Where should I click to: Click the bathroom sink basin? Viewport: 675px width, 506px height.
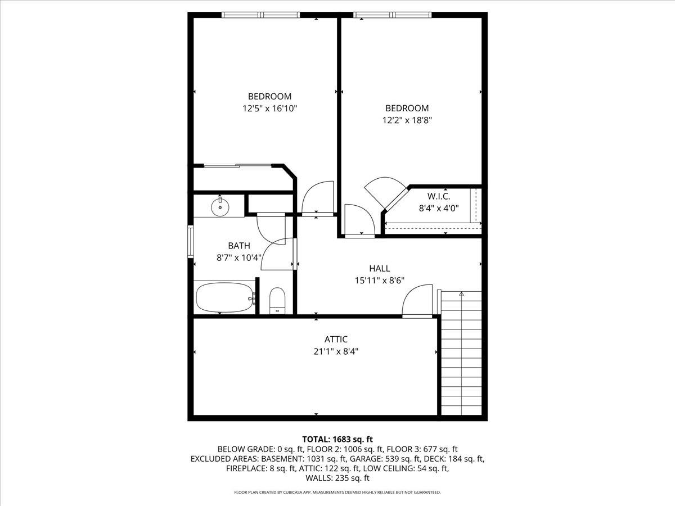(219, 207)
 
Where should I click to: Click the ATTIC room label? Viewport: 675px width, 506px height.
(336, 339)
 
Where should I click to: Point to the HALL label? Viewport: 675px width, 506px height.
(380, 268)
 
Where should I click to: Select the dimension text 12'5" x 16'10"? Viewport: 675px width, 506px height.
(270, 108)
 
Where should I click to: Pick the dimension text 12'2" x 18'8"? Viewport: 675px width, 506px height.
(407, 120)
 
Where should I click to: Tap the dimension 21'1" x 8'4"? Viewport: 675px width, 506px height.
(336, 351)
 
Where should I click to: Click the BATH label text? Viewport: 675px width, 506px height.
(239, 246)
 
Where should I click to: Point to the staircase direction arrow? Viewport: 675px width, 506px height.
(461, 293)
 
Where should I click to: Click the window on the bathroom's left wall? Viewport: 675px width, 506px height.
(191, 241)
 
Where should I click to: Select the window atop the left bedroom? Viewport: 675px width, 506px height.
(261, 15)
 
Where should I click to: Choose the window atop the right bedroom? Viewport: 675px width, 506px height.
(393, 15)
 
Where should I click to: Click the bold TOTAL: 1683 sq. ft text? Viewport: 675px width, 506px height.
(337, 439)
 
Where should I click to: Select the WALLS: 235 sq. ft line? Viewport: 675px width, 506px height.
(337, 478)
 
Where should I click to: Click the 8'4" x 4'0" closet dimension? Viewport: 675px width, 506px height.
(439, 207)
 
